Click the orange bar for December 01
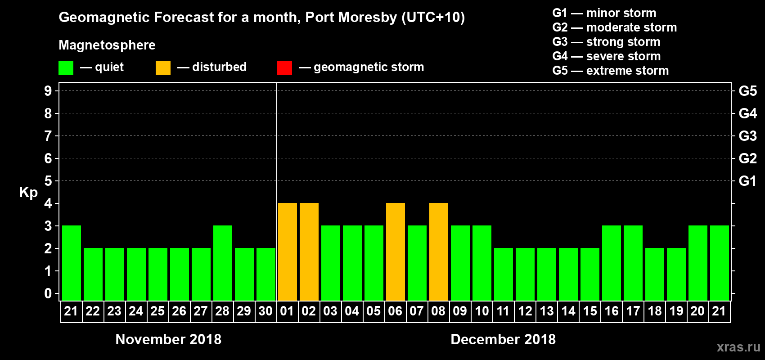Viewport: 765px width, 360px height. point(288,252)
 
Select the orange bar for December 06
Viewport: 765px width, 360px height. point(396,252)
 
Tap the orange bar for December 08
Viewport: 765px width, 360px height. point(439,252)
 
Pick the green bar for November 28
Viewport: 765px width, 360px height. point(223,263)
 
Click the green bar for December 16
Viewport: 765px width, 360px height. point(612,263)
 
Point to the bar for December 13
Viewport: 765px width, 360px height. point(547,274)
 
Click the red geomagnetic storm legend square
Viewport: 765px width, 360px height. point(284,68)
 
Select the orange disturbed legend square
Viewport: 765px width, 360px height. point(163,68)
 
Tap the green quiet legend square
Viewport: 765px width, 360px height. point(66,68)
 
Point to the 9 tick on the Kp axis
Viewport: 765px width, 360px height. point(48,91)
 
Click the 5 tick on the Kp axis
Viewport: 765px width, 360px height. point(48,181)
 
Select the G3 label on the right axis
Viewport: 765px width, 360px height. point(747,136)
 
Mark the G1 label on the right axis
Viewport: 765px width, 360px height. point(747,181)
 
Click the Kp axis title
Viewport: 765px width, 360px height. point(28,192)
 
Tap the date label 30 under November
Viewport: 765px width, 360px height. point(265,311)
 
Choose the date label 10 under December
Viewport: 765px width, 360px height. point(482,311)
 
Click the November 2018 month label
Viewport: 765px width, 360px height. point(168,339)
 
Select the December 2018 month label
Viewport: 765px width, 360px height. point(503,339)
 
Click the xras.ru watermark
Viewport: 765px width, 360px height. point(738,347)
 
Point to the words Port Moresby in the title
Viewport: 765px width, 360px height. point(351,18)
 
